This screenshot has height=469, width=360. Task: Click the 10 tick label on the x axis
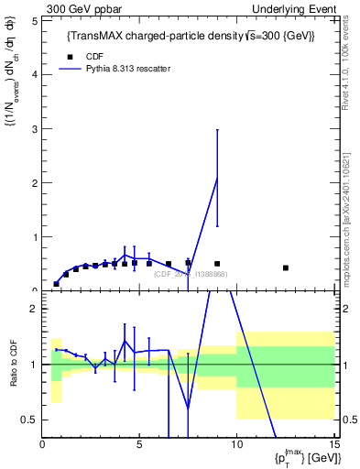(x=236, y=446)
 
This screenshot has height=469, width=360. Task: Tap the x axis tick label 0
(x=43, y=446)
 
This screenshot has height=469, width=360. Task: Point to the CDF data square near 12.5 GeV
(x=286, y=267)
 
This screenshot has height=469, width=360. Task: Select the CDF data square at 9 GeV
(x=217, y=264)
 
